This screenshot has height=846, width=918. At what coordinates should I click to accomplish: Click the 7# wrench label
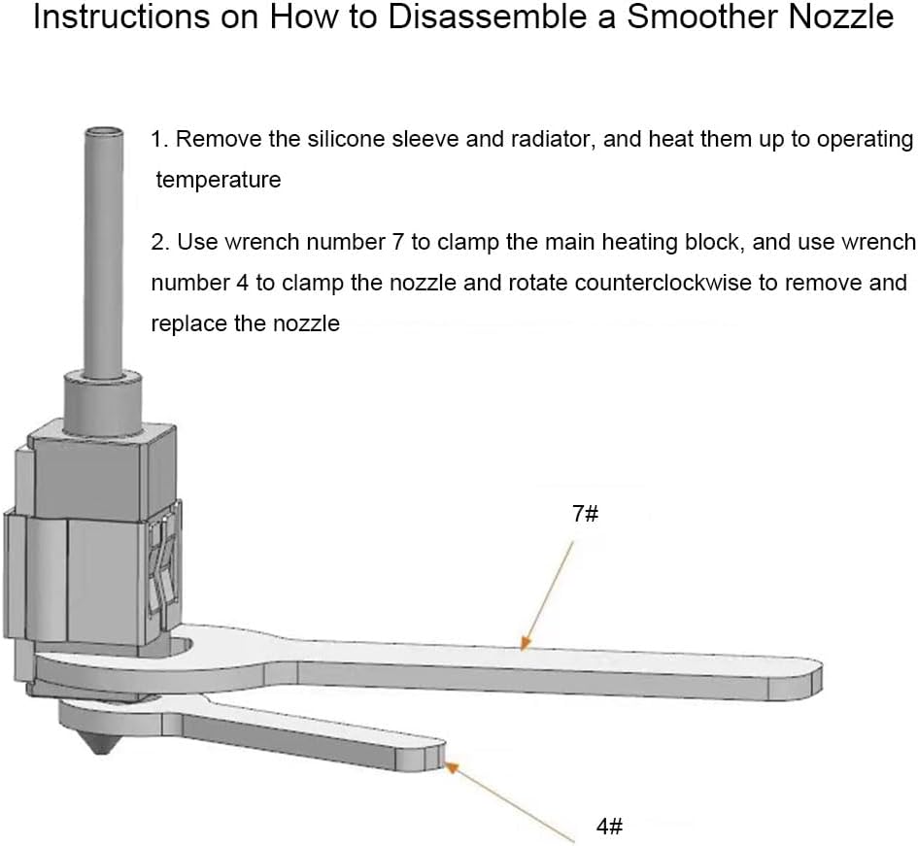click(x=585, y=514)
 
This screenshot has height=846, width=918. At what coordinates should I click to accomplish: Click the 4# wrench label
click(x=609, y=827)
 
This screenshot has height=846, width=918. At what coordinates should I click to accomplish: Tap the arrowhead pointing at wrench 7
click(x=526, y=642)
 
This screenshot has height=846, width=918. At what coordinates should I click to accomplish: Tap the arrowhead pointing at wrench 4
click(x=451, y=767)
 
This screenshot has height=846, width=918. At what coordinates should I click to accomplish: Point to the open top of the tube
click(x=104, y=131)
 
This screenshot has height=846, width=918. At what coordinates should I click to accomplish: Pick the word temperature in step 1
click(x=219, y=179)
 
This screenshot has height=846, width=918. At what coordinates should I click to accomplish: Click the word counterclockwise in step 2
click(x=663, y=283)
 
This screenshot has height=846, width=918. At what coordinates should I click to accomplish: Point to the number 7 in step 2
click(x=398, y=242)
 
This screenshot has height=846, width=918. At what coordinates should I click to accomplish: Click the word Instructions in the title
click(x=121, y=17)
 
